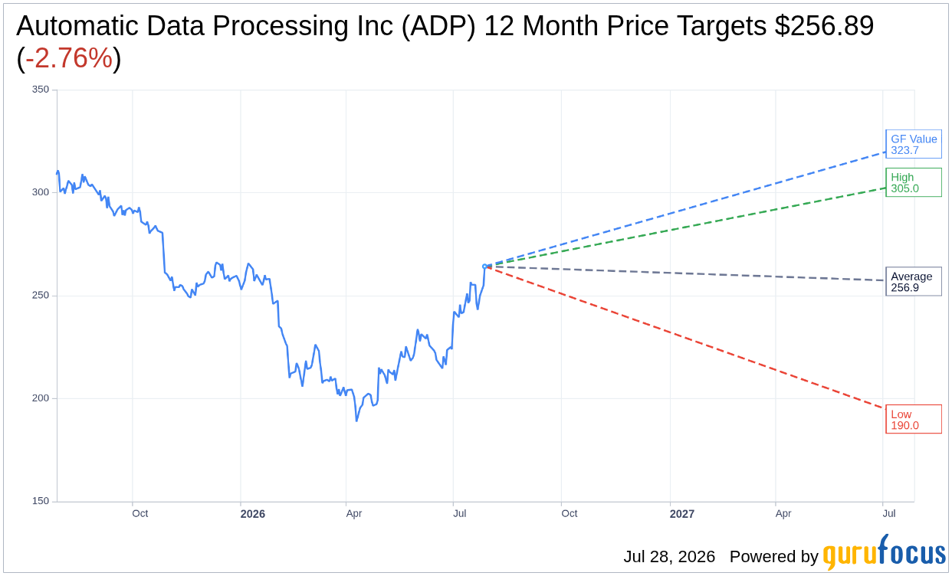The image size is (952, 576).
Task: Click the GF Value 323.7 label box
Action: point(914,144)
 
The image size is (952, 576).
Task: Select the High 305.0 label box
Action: point(914,182)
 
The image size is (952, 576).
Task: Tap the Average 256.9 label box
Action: point(914,281)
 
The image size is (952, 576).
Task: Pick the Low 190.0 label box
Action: point(914,419)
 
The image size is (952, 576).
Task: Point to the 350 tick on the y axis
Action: point(41,89)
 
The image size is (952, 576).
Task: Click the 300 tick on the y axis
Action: point(41,192)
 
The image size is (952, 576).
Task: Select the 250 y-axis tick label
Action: point(41,295)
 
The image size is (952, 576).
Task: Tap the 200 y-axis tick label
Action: point(41,398)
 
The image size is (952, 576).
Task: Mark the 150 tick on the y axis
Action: point(41,501)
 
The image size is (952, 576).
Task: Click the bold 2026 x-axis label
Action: point(252,514)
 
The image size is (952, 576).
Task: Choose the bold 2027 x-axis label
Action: point(681,514)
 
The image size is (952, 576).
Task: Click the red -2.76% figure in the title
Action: point(69,57)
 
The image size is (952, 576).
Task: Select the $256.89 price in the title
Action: point(824,26)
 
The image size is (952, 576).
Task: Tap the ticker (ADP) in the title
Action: point(438,26)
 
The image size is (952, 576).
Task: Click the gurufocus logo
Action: point(884,552)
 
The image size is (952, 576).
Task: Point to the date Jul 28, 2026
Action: point(669,556)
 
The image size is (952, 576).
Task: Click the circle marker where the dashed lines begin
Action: point(484,267)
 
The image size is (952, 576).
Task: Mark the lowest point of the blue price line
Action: point(356,421)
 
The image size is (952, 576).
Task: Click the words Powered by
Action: point(774,556)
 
